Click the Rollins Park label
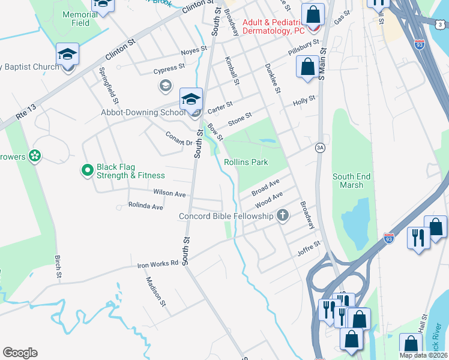(x=246, y=162)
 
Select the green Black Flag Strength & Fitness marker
(x=87, y=171)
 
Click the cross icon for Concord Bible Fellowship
(x=283, y=216)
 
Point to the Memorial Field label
(x=76, y=19)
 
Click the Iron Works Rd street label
(x=158, y=263)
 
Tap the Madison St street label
(x=155, y=292)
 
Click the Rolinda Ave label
(x=145, y=206)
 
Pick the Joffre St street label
(x=310, y=248)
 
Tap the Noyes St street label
(x=194, y=50)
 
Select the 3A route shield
(x=321, y=148)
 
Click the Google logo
(x=20, y=353)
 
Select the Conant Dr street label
(x=178, y=139)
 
